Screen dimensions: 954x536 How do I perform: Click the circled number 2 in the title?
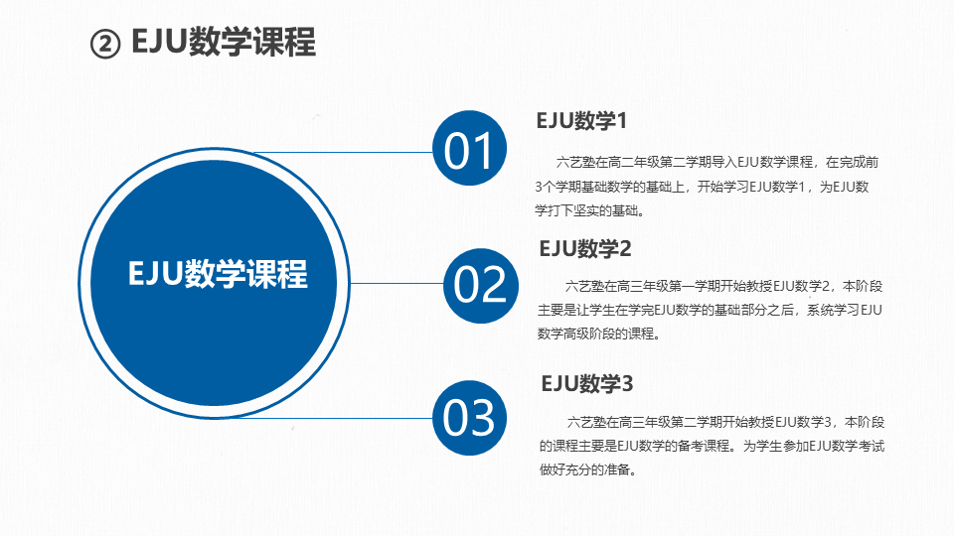coord(105,45)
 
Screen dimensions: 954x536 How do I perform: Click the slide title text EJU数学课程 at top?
coord(224,42)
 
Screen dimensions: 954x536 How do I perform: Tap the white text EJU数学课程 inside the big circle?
coord(218,274)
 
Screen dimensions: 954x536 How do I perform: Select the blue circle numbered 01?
coord(469,148)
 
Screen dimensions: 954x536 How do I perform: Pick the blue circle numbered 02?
coord(481,286)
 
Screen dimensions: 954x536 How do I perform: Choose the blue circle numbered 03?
coord(469,418)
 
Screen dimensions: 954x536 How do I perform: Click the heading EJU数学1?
coord(581,121)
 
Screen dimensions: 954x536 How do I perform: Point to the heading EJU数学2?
coord(585,248)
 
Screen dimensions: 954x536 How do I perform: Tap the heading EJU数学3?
coord(587,384)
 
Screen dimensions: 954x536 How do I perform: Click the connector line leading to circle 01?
coord(343,153)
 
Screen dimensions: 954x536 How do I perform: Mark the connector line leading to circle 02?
coord(397,283)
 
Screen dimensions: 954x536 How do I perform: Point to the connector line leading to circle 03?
coord(334,418)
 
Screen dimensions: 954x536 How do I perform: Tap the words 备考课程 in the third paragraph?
coord(703,446)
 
